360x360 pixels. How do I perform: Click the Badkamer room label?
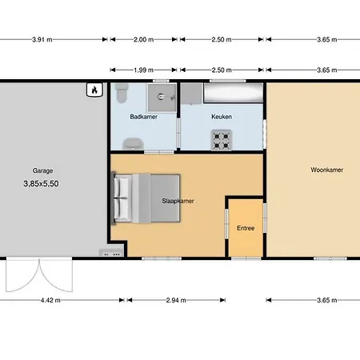click(x=143, y=117)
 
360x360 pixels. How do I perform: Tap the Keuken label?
click(x=222, y=117)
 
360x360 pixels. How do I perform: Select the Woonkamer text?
click(x=327, y=170)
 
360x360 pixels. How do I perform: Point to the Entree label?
click(x=246, y=228)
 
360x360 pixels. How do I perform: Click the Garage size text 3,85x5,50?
click(x=41, y=184)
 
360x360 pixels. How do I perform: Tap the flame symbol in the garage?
click(x=94, y=90)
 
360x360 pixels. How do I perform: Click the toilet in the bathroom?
click(x=122, y=93)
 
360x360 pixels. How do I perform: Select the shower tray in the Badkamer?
click(x=162, y=98)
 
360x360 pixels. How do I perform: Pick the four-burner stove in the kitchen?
click(x=222, y=140)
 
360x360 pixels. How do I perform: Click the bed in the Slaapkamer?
click(x=146, y=198)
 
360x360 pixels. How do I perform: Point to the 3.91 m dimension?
click(x=42, y=40)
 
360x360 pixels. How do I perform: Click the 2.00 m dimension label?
click(x=144, y=40)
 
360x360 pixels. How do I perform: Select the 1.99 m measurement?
click(x=143, y=70)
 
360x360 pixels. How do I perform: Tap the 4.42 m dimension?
click(x=50, y=300)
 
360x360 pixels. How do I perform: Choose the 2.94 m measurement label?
click(x=176, y=300)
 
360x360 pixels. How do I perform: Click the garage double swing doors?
click(x=39, y=274)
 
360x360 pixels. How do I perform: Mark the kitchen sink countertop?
click(x=234, y=93)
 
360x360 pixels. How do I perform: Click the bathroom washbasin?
click(x=133, y=144)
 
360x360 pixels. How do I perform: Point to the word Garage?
click(x=42, y=170)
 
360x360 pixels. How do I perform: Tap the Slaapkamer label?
click(x=178, y=201)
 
